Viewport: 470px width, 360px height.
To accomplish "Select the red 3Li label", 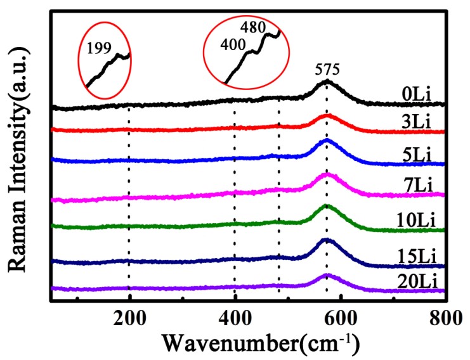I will click(x=417, y=122).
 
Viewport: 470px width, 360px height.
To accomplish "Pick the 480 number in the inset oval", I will click(x=253, y=27).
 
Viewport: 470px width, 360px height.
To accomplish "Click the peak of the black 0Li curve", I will click(x=327, y=81).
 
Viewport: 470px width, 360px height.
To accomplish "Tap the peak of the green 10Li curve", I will click(x=327, y=206).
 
